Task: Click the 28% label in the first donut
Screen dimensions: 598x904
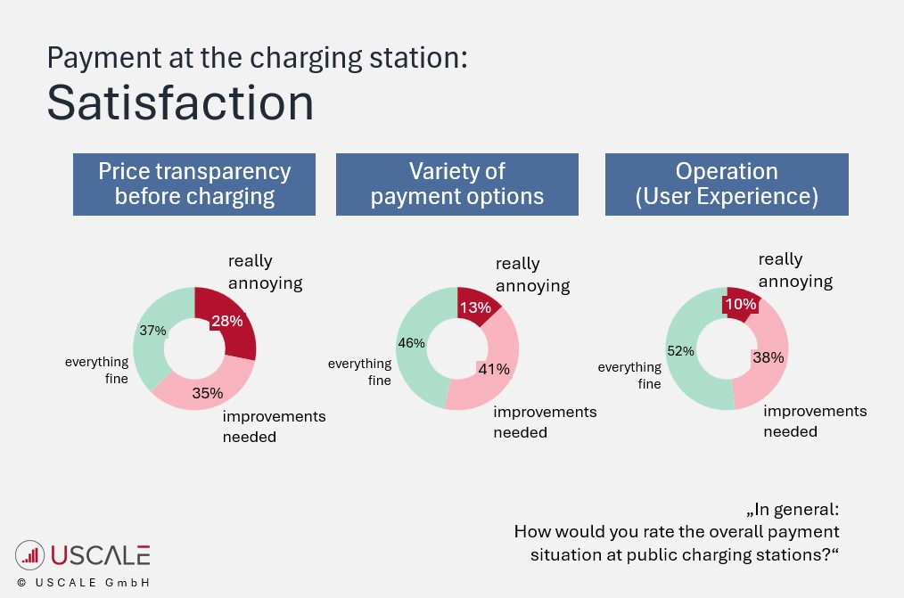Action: pyautogui.click(x=226, y=321)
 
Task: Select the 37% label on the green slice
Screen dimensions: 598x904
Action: pyautogui.click(x=152, y=331)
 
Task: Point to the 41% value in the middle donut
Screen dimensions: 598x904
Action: pyautogui.click(x=493, y=369)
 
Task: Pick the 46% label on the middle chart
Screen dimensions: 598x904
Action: pyautogui.click(x=411, y=344)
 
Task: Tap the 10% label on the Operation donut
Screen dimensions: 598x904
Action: pyautogui.click(x=740, y=304)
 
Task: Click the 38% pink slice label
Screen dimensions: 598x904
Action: pyautogui.click(x=768, y=357)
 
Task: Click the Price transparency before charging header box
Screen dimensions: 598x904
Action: pyautogui.click(x=194, y=184)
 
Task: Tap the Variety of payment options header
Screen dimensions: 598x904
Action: pyautogui.click(x=456, y=184)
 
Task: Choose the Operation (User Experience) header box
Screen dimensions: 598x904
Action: pyautogui.click(x=727, y=184)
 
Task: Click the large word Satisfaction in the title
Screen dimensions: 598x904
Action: pyautogui.click(x=180, y=102)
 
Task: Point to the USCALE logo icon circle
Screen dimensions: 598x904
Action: pyautogui.click(x=30, y=555)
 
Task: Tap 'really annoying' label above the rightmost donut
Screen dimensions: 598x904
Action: pyautogui.click(x=794, y=270)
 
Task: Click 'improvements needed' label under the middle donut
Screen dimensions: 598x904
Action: pyautogui.click(x=545, y=422)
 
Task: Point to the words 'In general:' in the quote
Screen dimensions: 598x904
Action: pyautogui.click(x=793, y=510)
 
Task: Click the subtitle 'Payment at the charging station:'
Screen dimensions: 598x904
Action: pyautogui.click(x=257, y=58)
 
